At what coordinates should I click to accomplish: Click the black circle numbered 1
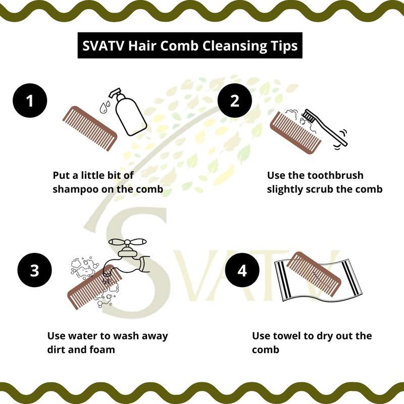30,100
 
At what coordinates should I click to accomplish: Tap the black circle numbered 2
235,100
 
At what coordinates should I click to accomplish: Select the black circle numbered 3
34,270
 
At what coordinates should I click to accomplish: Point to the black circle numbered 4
242,270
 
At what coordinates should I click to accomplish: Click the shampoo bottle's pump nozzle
115,93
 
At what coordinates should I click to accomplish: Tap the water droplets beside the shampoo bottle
105,107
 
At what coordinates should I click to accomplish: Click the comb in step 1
90,128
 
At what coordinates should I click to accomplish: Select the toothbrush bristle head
309,116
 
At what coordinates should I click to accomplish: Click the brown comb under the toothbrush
295,133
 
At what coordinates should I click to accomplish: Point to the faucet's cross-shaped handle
128,242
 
